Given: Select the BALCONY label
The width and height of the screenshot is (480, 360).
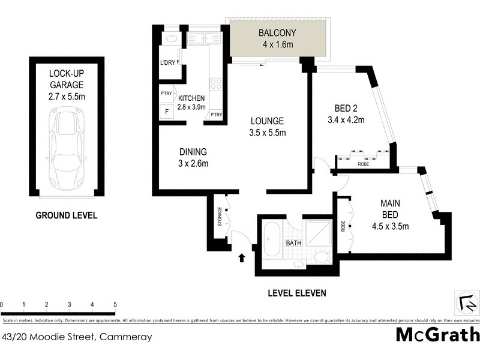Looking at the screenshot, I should coord(275,38).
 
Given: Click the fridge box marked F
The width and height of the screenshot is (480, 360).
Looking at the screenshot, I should coord(166,112).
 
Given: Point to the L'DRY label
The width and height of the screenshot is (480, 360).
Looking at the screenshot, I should coord(167,63).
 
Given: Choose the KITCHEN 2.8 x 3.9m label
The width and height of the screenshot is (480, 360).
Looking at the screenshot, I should coord(191,103).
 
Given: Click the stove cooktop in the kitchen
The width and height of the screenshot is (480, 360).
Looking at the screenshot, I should coord(216,84).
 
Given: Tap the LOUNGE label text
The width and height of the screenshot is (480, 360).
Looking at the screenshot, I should coord(267,127).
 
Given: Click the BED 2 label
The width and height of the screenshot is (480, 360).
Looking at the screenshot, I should coord(346,114).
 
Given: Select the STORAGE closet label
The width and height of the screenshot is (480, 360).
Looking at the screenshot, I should coord(220,217).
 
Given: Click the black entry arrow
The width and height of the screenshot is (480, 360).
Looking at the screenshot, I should coord(242,258).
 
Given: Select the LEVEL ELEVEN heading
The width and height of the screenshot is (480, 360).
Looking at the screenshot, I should coord(296,293).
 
